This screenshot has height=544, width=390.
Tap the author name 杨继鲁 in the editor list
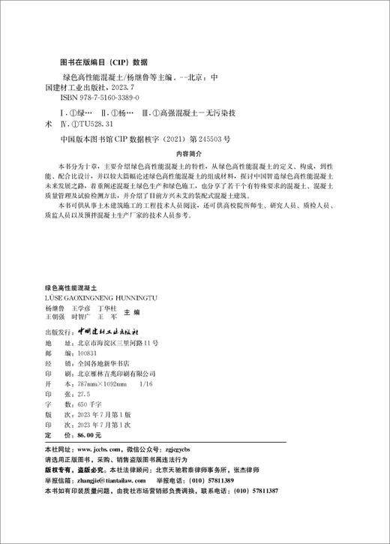point(56,308)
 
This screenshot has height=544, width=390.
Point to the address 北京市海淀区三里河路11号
point(118,341)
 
